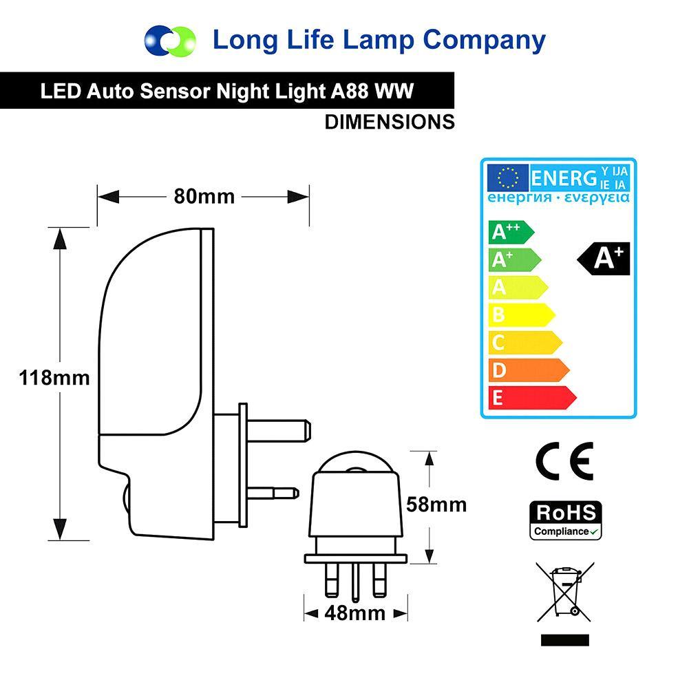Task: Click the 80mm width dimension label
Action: (x=204, y=197)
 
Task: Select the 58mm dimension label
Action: (x=436, y=505)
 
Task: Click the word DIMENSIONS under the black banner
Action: (x=390, y=122)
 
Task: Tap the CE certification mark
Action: (x=564, y=460)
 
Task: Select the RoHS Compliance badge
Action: (x=565, y=520)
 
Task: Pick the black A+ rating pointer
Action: (x=604, y=258)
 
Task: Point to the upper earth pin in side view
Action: (x=275, y=431)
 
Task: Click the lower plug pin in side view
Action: (x=273, y=492)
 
